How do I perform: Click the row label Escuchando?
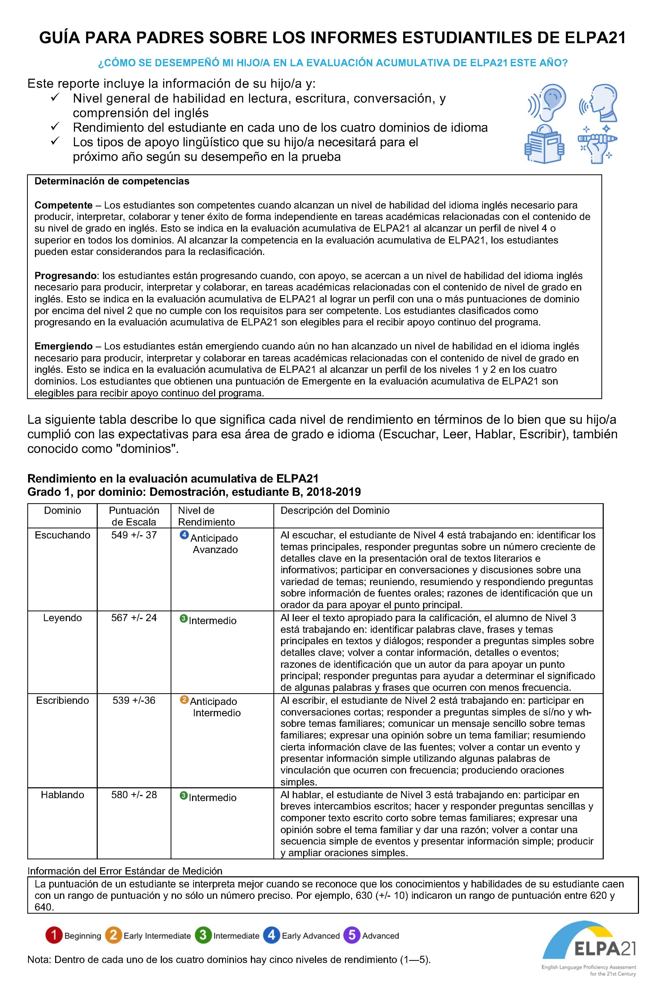click(63, 535)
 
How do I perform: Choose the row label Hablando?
click(63, 795)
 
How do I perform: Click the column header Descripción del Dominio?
click(335, 511)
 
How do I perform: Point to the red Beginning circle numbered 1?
click(54, 935)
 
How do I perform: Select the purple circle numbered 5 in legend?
click(352, 935)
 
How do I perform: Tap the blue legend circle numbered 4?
click(272, 935)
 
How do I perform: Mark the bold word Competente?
click(63, 205)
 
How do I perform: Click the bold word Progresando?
click(65, 276)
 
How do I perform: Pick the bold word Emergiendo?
click(63, 346)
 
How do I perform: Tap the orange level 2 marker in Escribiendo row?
click(184, 700)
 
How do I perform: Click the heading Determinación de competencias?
click(112, 181)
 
